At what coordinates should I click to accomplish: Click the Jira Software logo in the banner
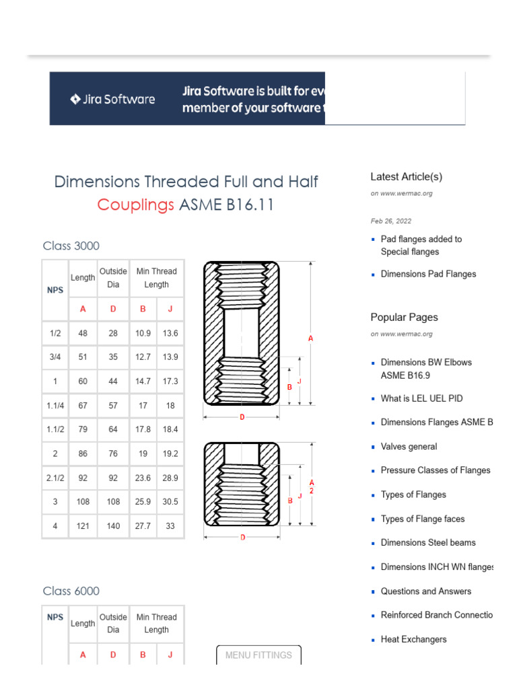point(112,100)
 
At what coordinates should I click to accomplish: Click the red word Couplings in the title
point(135,205)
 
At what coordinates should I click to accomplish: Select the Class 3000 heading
point(71,246)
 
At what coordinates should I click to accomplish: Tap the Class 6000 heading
point(71,591)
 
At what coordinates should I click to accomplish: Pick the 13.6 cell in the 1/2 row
point(170,333)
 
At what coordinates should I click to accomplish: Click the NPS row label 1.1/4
point(55,406)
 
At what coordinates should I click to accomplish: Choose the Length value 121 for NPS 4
point(83,526)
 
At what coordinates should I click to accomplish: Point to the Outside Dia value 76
point(113,454)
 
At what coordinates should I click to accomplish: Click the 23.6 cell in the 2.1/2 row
point(143,478)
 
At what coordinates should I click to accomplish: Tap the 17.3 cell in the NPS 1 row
point(170,382)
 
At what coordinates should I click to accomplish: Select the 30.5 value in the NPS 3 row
point(170,502)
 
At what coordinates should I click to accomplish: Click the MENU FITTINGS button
point(258,655)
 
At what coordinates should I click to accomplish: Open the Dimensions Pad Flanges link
point(428,274)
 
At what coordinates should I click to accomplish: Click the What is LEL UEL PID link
point(421,398)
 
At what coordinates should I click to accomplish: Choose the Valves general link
point(409,446)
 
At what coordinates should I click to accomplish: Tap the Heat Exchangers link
point(413,639)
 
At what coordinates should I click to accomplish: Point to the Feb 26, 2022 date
point(390,221)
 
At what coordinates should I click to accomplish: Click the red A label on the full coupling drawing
point(311,339)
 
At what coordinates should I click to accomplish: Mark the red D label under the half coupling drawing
point(242,537)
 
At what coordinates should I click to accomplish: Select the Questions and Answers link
point(425,591)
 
